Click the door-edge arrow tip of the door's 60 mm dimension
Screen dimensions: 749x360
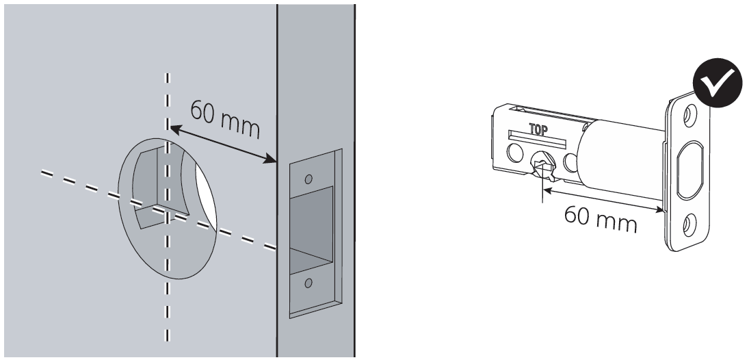coord(276,162)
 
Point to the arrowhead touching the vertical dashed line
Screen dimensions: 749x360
coord(170,128)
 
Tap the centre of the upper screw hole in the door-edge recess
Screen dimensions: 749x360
coord(308,179)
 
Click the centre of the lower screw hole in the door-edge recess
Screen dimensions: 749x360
coord(308,283)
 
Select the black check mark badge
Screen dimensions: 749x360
coord(717,83)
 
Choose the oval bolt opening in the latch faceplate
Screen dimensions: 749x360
coord(689,170)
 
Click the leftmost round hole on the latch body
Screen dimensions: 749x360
coord(514,153)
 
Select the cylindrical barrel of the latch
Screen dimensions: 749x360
coord(621,154)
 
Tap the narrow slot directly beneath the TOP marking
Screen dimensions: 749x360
coord(538,139)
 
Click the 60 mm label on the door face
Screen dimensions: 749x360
coord(225,118)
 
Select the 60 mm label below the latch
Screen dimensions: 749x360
coord(601,218)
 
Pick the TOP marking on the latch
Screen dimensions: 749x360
coord(538,129)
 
